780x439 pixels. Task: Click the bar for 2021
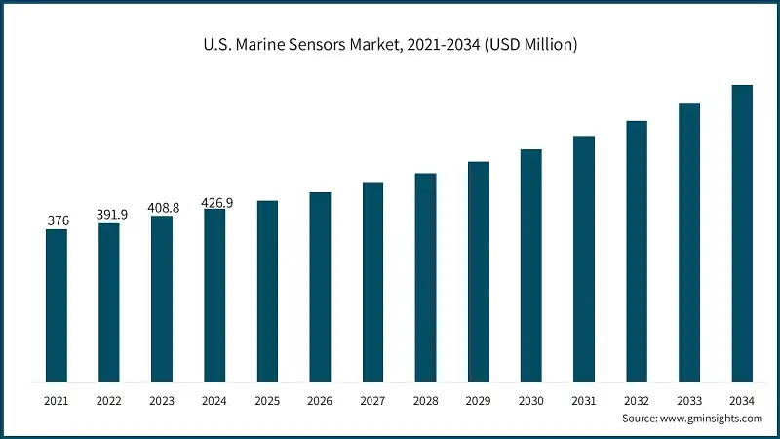click(x=57, y=305)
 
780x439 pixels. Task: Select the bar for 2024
click(x=214, y=295)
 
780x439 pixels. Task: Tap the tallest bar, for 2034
click(x=742, y=233)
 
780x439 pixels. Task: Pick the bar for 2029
click(x=478, y=271)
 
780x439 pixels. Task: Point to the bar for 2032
click(x=637, y=251)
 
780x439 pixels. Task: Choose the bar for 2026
click(x=320, y=287)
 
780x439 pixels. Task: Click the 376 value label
click(x=58, y=221)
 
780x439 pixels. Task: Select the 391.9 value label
click(x=109, y=215)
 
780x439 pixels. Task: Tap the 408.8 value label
click(x=162, y=208)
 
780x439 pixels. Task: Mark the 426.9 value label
click(x=216, y=202)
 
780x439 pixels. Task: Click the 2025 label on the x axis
click(x=267, y=401)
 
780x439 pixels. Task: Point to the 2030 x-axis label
click(x=530, y=401)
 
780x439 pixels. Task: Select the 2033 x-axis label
click(x=689, y=401)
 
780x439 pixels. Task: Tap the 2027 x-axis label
click(x=372, y=401)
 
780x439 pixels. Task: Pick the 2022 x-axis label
click(x=109, y=401)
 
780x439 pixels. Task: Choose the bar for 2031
click(x=584, y=259)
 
